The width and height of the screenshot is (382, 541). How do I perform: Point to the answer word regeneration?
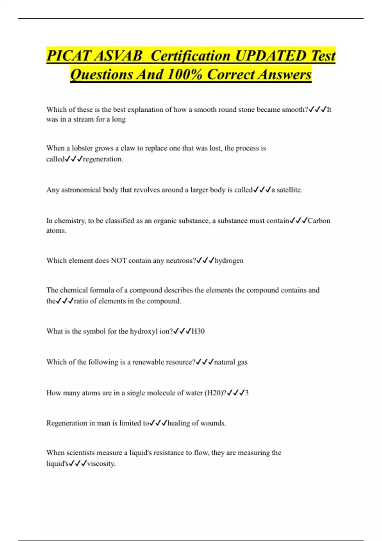(103, 159)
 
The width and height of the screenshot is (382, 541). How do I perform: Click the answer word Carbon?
(319, 221)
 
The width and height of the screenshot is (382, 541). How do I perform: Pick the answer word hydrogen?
(229, 261)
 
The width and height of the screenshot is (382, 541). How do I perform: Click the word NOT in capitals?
(118, 261)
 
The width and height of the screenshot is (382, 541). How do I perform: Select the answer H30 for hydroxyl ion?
(198, 331)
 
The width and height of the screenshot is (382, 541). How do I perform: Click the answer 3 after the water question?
(247, 393)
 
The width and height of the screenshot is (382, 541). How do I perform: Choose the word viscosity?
(101, 464)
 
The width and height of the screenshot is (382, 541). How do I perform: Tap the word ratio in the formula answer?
(81, 301)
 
